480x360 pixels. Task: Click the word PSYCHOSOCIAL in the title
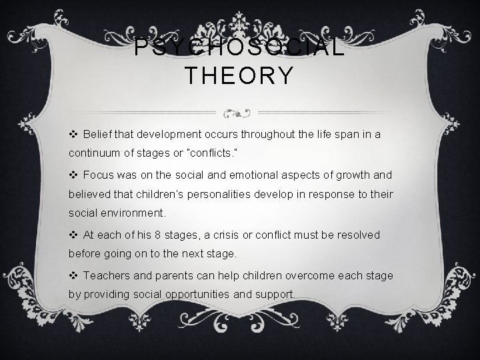239,47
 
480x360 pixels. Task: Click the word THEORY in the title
239,76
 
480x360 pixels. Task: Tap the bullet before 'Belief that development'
73,134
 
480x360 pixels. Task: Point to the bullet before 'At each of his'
73,235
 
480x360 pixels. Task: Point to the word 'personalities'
209,193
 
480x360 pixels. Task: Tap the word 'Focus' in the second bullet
99,175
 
